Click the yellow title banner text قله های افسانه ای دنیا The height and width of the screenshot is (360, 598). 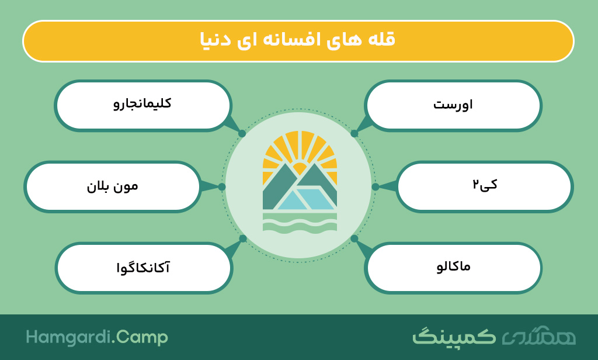[x=298, y=40]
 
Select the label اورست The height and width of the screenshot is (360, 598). [x=453, y=105]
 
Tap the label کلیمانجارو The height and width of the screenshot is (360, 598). [x=142, y=103]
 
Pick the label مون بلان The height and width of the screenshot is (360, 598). [x=113, y=186]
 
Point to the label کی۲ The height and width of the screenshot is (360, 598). [x=485, y=185]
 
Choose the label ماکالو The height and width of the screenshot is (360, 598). [x=453, y=266]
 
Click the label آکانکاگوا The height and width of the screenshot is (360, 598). [x=143, y=267]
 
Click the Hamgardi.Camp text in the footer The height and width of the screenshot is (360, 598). [x=97, y=337]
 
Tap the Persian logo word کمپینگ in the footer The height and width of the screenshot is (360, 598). [x=454, y=337]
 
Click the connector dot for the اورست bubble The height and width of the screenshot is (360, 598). [x=354, y=134]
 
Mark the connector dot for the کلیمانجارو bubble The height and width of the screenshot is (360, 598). [x=242, y=134]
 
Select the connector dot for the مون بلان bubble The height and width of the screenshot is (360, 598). [x=222, y=186]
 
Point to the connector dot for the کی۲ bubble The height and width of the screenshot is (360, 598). [x=376, y=186]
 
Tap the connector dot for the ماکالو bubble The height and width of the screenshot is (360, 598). [x=354, y=238]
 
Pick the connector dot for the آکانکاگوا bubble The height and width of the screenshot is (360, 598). [x=243, y=238]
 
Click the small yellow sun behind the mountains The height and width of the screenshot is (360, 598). [x=300, y=168]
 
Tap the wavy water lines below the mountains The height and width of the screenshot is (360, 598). [x=300, y=222]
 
